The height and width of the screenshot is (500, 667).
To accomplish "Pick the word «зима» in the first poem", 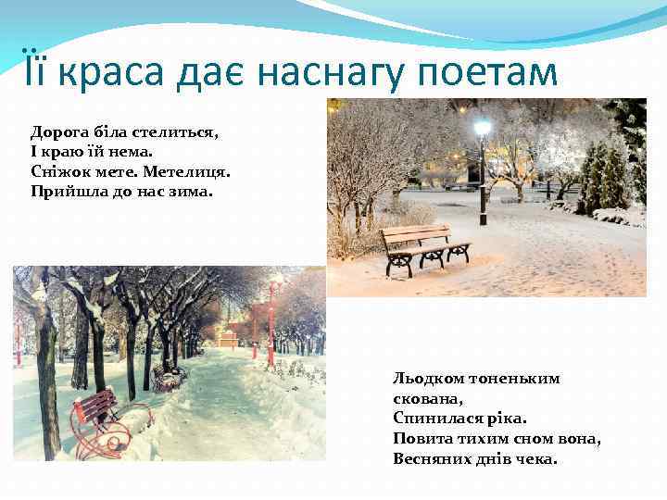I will [191, 193].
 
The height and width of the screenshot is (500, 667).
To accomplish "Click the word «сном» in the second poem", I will [522, 438].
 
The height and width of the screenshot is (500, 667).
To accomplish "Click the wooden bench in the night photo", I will [423, 245].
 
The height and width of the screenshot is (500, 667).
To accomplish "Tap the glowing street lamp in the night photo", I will [482, 128].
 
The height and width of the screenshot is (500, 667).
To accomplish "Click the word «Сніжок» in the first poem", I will [58, 172].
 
